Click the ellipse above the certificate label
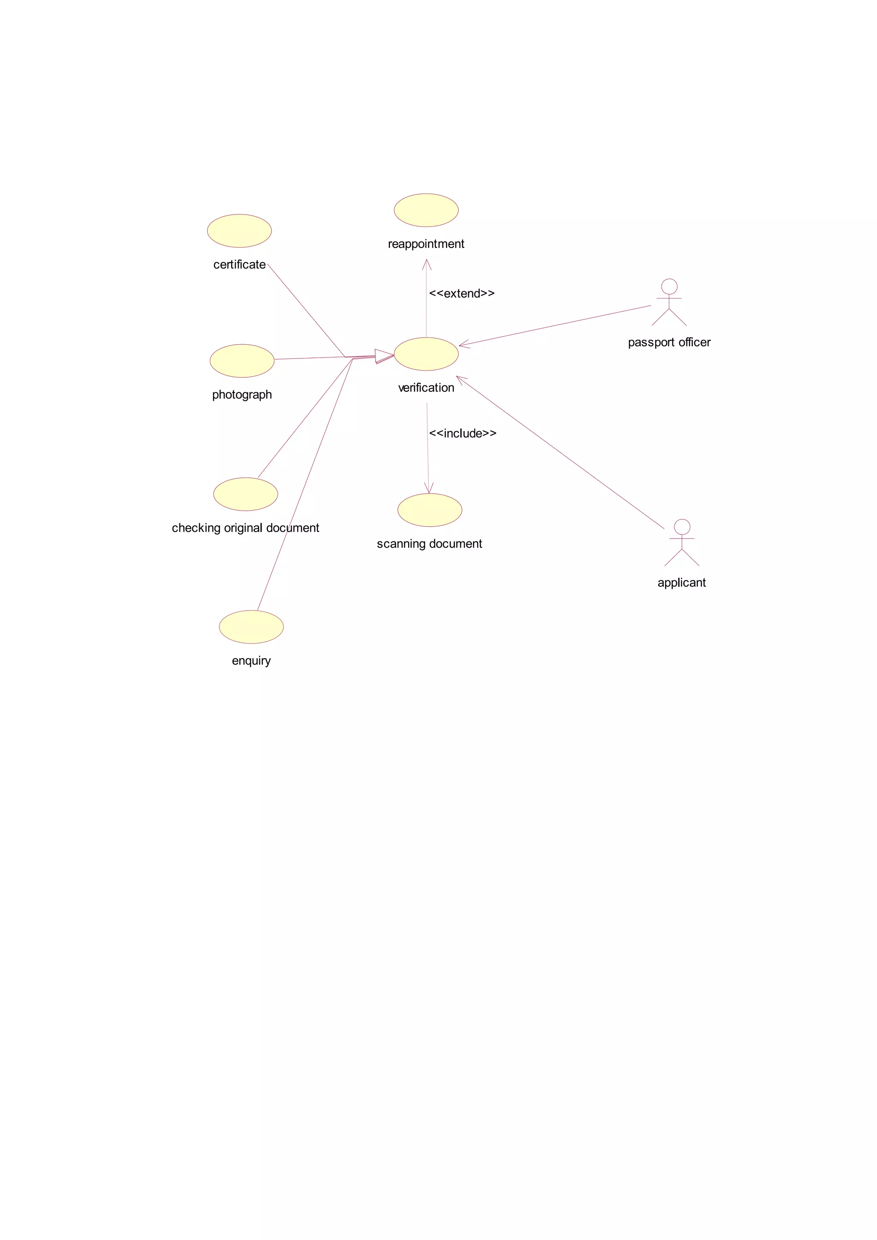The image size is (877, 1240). (239, 231)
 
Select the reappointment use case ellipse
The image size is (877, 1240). (426, 210)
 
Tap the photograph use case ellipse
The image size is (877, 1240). (242, 361)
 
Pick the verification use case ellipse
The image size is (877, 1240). (426, 354)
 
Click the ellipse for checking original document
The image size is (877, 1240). (246, 494)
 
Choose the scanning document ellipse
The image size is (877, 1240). (430, 510)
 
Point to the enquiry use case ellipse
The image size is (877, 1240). (251, 627)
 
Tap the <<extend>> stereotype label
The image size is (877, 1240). (462, 293)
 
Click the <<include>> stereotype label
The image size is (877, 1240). (463, 433)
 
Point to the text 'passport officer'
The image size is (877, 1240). (669, 343)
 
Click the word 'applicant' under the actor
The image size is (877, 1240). (681, 583)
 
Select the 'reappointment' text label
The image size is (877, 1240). (426, 244)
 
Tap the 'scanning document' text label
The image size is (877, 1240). (430, 544)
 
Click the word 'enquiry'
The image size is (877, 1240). (251, 661)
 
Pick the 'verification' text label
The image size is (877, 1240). (426, 388)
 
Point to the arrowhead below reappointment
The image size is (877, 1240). (427, 264)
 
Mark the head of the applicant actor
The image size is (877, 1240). (682, 527)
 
